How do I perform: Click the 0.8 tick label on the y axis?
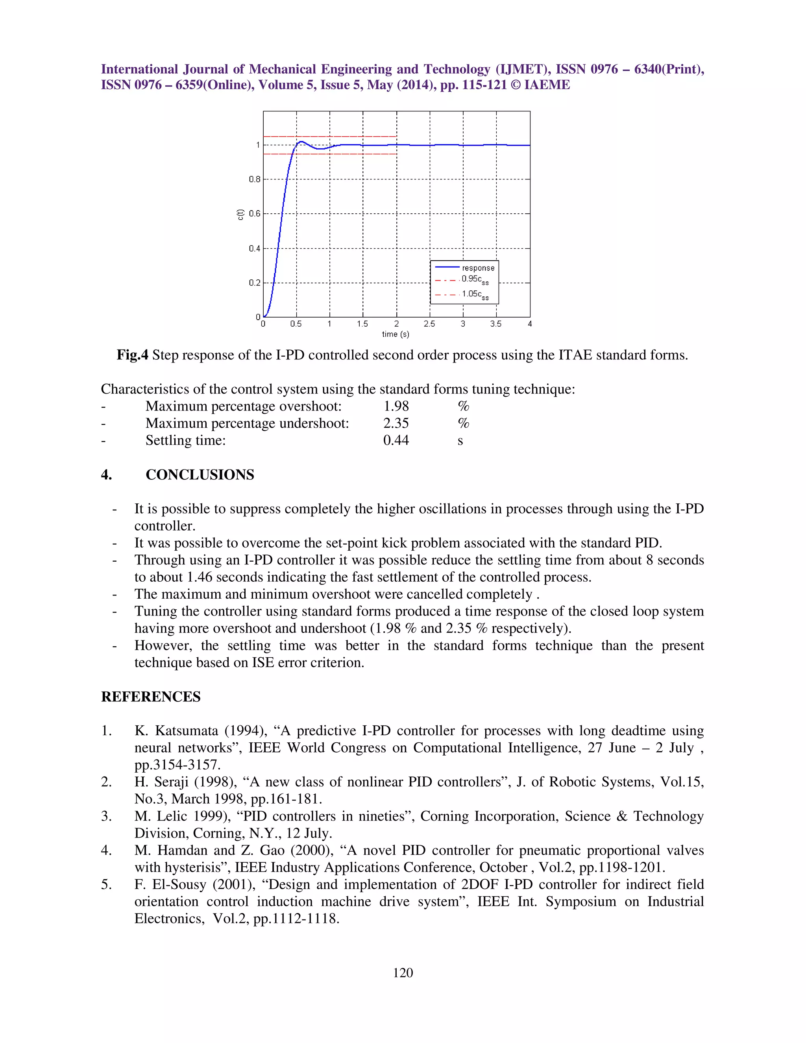[x=255, y=179]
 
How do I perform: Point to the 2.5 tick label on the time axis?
[x=429, y=324]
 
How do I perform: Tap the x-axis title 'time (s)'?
[x=396, y=334]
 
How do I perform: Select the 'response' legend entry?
[x=478, y=268]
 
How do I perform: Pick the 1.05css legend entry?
[x=475, y=295]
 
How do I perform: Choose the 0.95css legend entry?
[x=475, y=279]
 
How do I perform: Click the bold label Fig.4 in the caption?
[x=132, y=355]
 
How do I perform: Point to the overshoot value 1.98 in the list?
[x=396, y=407]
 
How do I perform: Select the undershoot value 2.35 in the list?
[x=396, y=423]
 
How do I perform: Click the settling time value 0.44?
[x=396, y=440]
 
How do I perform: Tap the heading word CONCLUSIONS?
[x=200, y=475]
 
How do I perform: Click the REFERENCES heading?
[x=150, y=697]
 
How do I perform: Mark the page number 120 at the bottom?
[x=403, y=973]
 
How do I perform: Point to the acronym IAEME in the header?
[x=547, y=85]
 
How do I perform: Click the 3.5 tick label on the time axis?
[x=495, y=324]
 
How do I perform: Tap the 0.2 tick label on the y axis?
[x=255, y=283]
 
